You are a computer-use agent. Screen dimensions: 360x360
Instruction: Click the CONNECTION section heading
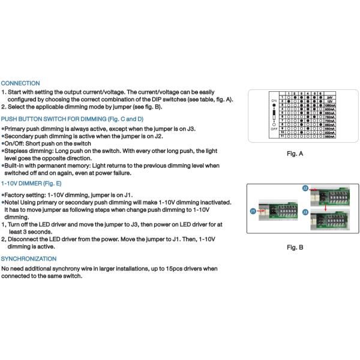coord(20,83)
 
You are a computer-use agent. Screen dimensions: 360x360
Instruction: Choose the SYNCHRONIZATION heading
coord(29,259)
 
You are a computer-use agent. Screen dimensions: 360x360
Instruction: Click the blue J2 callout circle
coord(305,188)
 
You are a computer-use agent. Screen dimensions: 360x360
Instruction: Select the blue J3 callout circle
coord(305,213)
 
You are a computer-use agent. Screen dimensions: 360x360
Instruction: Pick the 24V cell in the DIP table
coord(329,97)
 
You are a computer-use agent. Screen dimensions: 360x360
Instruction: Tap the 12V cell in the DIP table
coord(329,101)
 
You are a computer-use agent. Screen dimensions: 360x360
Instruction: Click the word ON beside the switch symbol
coord(274,101)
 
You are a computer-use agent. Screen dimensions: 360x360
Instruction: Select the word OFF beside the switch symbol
coord(274,128)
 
